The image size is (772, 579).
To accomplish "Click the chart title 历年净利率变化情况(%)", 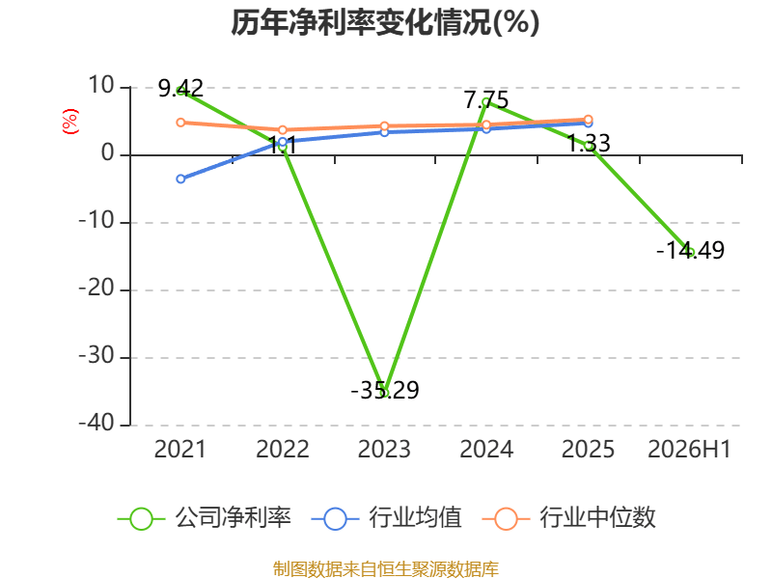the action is click(x=385, y=22).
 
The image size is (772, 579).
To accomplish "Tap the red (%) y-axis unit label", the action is click(x=69, y=122).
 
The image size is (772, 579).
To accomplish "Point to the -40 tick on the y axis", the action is click(x=97, y=423).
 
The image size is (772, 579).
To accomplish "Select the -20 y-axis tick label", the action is click(x=97, y=288).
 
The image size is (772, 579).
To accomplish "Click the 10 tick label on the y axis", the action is click(x=101, y=86).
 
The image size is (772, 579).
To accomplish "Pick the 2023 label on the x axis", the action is click(x=384, y=450).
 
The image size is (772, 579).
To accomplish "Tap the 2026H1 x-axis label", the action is click(x=689, y=450).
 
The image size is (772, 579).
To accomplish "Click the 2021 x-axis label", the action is click(x=180, y=450).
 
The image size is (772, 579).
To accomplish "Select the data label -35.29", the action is click(x=385, y=391).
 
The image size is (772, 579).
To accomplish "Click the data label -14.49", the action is click(x=691, y=251).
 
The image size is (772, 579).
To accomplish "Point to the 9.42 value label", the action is click(x=180, y=89).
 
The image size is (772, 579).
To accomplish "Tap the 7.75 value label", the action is click(x=486, y=100).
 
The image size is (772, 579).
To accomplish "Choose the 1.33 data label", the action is click(x=589, y=144).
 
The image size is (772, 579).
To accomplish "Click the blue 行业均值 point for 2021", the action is click(x=180, y=179).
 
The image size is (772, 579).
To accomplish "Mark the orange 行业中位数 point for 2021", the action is click(x=180, y=123).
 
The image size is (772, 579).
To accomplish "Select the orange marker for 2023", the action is click(x=384, y=126).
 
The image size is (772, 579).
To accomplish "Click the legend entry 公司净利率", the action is click(x=205, y=518).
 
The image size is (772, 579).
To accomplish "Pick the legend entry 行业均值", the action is click(x=387, y=518).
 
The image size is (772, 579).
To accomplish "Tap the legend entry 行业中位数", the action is click(x=569, y=518).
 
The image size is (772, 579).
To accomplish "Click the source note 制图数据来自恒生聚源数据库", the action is click(x=386, y=569).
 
